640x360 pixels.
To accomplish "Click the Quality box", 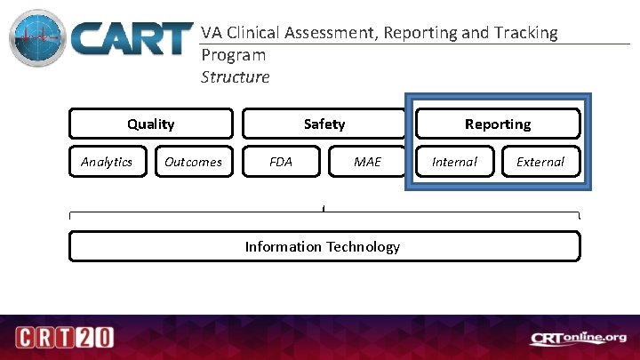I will pyautogui.click(x=151, y=124).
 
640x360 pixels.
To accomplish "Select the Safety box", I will pyautogui.click(x=324, y=124).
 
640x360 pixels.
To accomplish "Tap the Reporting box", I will pyautogui.click(x=498, y=124).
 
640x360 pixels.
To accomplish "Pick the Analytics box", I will pyautogui.click(x=107, y=162).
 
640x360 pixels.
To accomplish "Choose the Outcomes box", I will pyautogui.click(x=193, y=162).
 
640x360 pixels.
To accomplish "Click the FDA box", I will pyautogui.click(x=281, y=162).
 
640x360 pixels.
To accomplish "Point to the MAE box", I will pyautogui.click(x=367, y=162).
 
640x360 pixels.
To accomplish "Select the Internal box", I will pyautogui.click(x=454, y=162).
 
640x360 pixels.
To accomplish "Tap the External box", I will pyautogui.click(x=540, y=162).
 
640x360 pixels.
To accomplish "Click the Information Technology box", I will pyautogui.click(x=324, y=246).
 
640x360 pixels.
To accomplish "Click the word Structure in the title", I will pyautogui.click(x=235, y=77).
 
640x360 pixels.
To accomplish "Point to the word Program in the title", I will pyautogui.click(x=233, y=55).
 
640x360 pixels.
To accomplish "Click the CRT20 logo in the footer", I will pyautogui.click(x=63, y=338).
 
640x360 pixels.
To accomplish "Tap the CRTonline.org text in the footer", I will pyautogui.click(x=579, y=338).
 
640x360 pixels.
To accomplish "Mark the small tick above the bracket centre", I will pyautogui.click(x=324, y=209).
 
